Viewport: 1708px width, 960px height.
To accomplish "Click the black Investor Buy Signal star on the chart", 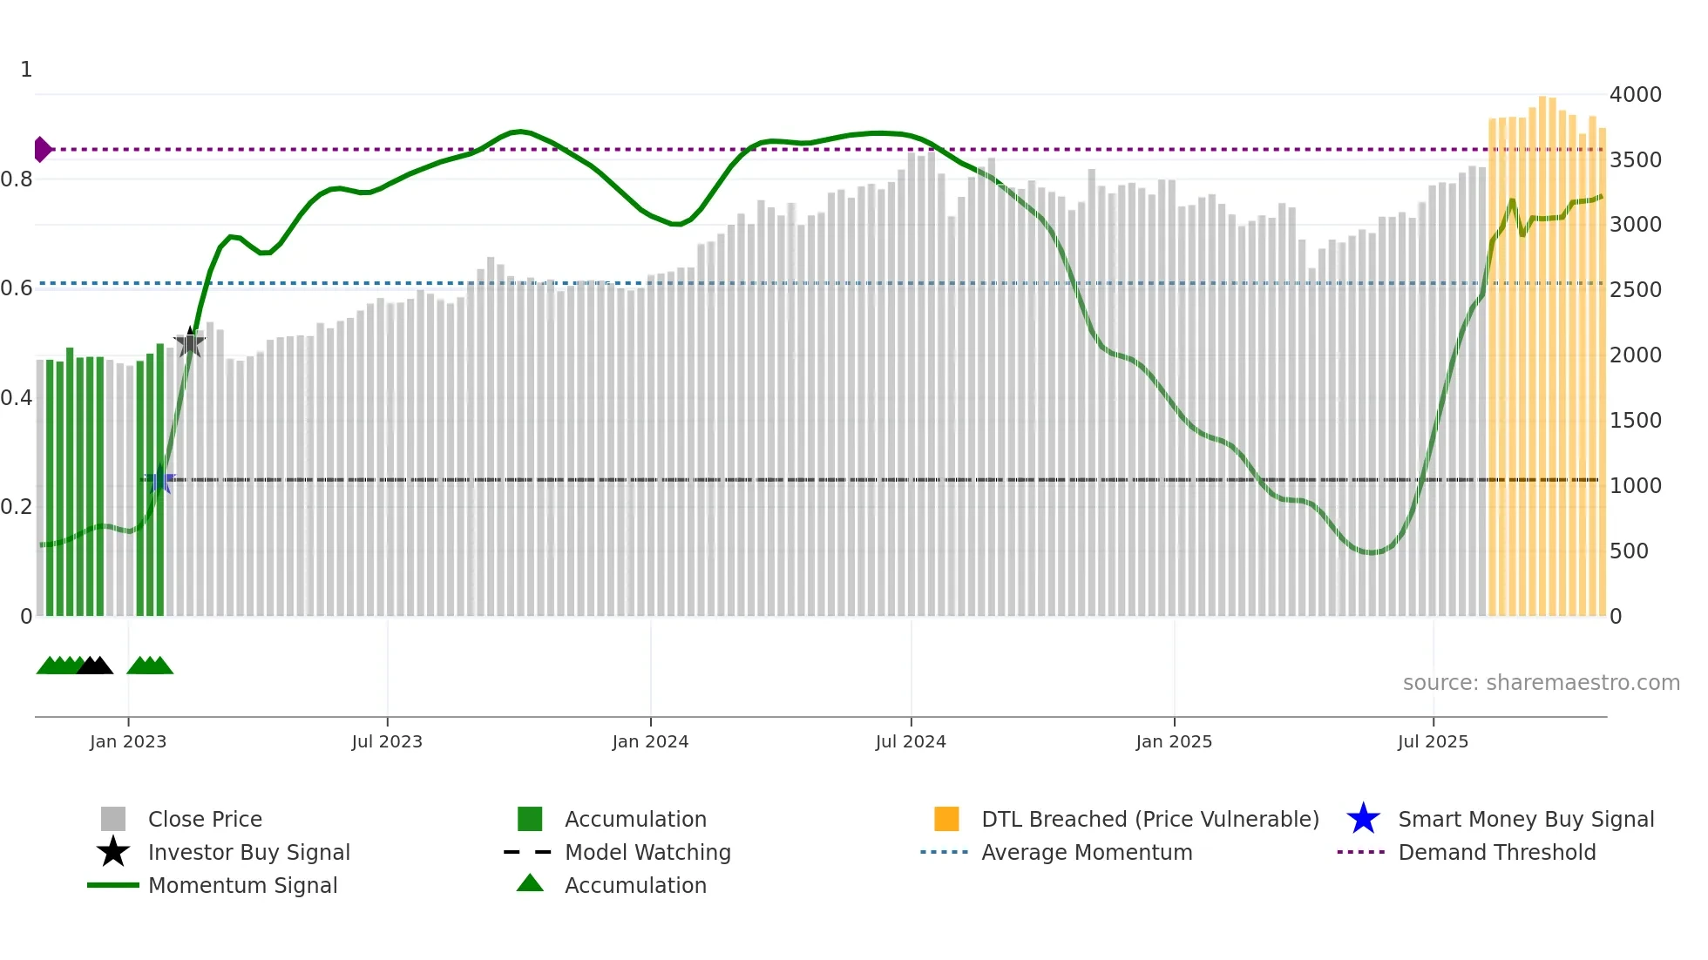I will [190, 343].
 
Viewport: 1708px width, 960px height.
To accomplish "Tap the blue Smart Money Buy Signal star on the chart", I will [160, 479].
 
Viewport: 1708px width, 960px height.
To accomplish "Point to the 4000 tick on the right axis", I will [1635, 95].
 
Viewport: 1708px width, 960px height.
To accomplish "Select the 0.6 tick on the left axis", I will [17, 288].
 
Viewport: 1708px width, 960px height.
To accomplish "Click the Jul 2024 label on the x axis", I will [911, 741].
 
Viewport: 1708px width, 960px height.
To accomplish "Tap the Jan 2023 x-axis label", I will [128, 741].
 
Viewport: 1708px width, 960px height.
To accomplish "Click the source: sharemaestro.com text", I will [1541, 683].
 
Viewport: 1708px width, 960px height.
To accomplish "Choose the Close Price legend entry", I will [205, 820].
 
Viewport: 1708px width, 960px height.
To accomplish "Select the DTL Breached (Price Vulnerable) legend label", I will [1149, 820].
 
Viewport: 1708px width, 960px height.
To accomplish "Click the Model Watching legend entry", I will [647, 853].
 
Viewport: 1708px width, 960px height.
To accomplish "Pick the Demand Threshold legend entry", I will [1496, 853].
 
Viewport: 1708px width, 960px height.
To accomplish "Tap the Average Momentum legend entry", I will [1087, 853].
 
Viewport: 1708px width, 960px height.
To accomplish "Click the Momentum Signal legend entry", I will [242, 886].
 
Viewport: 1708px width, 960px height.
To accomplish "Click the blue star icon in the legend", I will [1363, 819].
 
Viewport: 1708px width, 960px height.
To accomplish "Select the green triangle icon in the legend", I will [530, 883].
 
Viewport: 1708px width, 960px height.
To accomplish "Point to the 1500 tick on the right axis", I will [1635, 421].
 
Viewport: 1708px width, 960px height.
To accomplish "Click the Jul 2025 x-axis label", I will [1433, 741].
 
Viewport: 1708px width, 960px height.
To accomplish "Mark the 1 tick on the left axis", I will [26, 70].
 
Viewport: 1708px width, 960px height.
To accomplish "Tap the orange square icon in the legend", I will [946, 819].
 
